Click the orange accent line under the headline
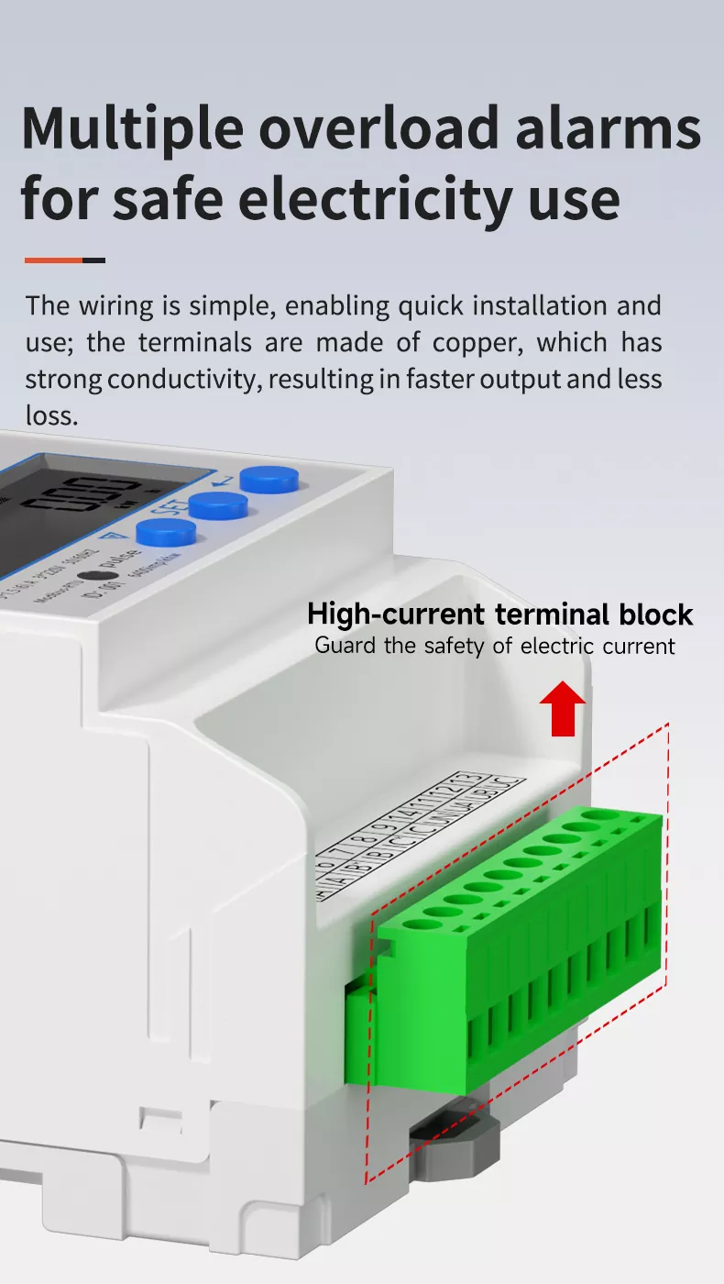tap(53, 260)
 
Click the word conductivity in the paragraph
tap(182, 380)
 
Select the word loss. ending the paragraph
tap(51, 415)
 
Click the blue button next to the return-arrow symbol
tap(269, 479)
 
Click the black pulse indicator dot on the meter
tap(89, 578)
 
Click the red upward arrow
tap(562, 710)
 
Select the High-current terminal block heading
tap(499, 614)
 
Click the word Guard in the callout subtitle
tap(346, 646)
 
